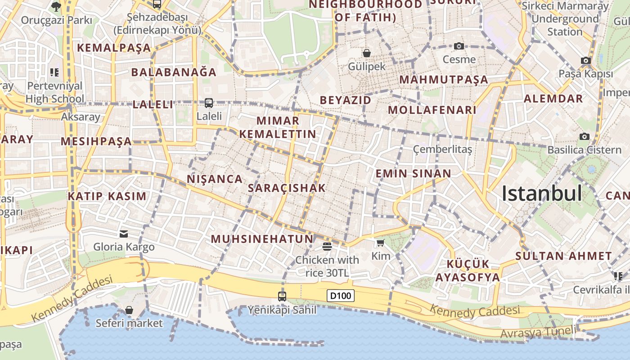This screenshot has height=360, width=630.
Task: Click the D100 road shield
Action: (x=340, y=296)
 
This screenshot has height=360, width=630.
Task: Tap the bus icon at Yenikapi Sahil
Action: (x=282, y=296)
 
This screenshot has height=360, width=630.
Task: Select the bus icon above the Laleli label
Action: (x=208, y=103)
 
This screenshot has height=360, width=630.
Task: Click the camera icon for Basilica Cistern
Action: (x=584, y=136)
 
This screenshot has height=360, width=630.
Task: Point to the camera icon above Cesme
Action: (x=459, y=46)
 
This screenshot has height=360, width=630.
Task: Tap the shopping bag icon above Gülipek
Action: (x=367, y=53)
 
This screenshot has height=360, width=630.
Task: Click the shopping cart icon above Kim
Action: (x=380, y=243)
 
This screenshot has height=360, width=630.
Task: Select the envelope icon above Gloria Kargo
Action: (x=124, y=234)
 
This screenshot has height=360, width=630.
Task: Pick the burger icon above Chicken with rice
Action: (x=327, y=246)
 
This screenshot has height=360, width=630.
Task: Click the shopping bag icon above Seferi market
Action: (x=129, y=310)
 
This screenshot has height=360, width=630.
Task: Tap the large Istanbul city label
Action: (x=541, y=193)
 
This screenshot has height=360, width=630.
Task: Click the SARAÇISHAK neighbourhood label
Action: (x=287, y=188)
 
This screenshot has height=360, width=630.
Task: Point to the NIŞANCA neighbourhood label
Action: (x=215, y=179)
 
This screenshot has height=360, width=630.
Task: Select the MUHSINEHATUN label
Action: (x=262, y=239)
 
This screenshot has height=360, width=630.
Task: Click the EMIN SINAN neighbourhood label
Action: (x=413, y=174)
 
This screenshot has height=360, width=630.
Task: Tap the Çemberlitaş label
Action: (x=442, y=149)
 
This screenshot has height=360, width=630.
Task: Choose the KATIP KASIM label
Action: (x=107, y=196)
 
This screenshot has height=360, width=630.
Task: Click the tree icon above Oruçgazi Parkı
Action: (x=56, y=6)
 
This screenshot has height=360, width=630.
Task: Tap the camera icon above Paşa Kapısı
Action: (x=585, y=60)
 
